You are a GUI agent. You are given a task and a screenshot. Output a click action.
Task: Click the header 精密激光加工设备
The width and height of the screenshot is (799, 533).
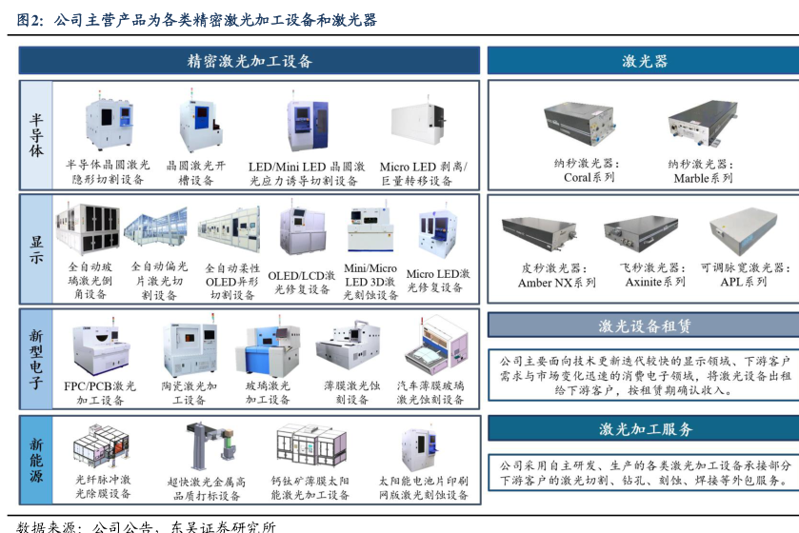(x=250, y=61)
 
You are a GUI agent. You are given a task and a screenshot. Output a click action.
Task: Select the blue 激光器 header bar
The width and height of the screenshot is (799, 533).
(x=644, y=61)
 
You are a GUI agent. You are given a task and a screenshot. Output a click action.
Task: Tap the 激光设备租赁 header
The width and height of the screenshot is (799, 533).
(x=644, y=326)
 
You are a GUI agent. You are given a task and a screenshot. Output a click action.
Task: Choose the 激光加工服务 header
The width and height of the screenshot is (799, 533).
(x=644, y=429)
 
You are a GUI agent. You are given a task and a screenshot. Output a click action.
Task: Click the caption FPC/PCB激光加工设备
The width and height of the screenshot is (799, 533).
(x=100, y=393)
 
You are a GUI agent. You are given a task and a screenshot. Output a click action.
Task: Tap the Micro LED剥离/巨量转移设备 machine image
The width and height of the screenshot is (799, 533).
(x=424, y=128)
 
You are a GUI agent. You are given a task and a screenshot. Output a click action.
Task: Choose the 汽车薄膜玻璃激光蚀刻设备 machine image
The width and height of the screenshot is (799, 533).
(x=430, y=347)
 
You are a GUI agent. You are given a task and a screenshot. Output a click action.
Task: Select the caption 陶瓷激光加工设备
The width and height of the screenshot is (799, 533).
(x=190, y=393)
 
